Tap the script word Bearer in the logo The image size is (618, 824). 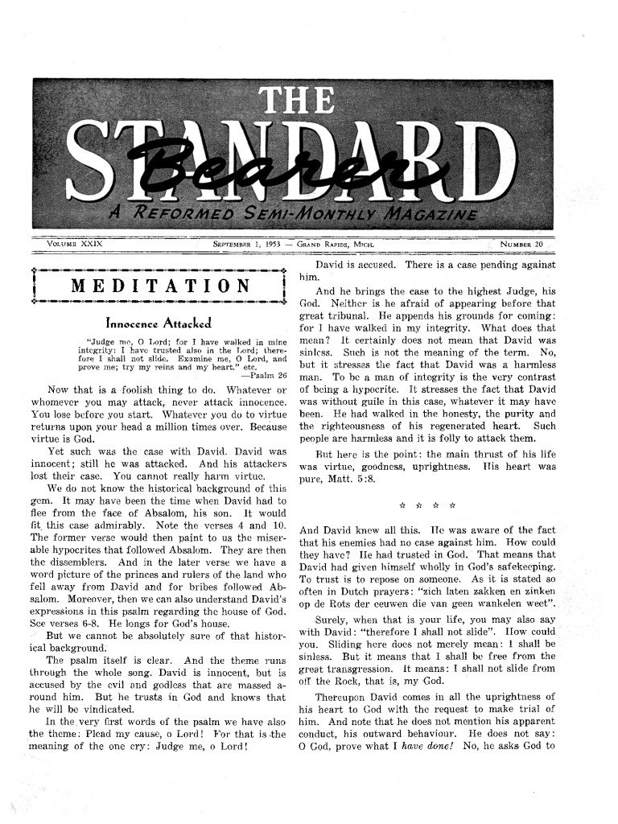[233, 171]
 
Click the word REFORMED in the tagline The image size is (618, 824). [181, 215]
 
